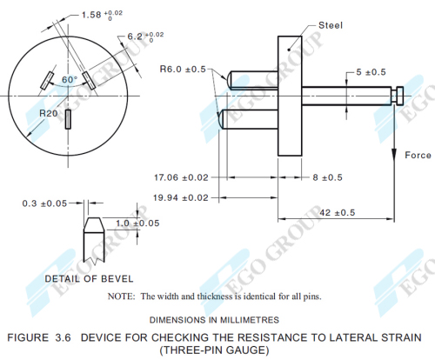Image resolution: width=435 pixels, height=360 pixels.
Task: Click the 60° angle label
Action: coord(69,80)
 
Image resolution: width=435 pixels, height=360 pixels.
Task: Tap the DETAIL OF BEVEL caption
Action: coord(90,278)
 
